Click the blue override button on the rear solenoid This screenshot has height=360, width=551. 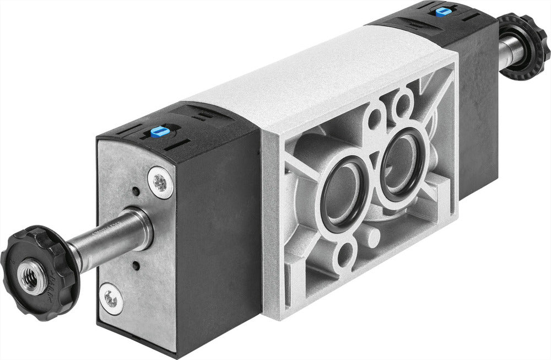(x=442, y=12)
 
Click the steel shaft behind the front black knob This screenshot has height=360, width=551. (x=113, y=237)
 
